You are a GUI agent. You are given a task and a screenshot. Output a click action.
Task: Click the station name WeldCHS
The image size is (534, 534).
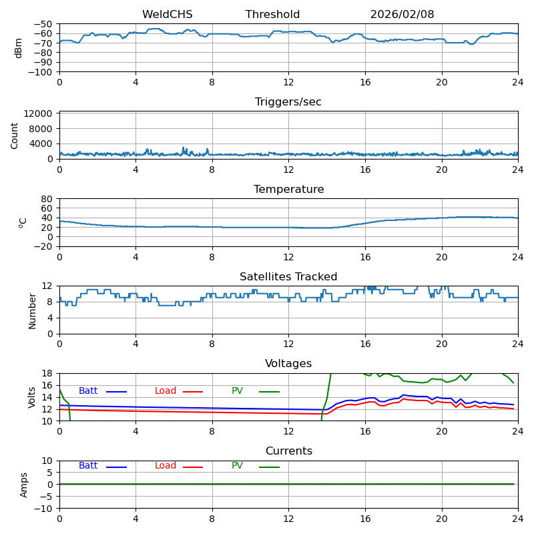167,15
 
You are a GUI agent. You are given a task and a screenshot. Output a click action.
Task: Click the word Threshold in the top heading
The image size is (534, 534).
272,15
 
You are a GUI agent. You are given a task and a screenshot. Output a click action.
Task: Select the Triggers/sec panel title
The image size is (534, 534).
288,102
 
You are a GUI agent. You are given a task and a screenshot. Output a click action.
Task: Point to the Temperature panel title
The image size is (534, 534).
288,190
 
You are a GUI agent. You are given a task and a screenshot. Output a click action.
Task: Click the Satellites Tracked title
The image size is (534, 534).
288,277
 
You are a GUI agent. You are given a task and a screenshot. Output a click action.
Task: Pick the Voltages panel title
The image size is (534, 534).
288,364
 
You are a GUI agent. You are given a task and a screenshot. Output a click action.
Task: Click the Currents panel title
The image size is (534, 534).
288,451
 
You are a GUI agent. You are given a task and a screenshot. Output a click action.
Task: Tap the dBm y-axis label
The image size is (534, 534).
19,48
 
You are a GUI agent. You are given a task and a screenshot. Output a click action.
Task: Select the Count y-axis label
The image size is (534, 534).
15,136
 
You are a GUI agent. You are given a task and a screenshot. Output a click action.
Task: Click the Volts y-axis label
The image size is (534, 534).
32,397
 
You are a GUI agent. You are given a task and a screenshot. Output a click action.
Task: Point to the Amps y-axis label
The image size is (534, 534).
24,485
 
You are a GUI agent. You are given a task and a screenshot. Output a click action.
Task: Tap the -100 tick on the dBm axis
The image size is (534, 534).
42,72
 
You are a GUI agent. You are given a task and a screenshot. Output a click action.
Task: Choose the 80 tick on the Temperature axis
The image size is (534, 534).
47,199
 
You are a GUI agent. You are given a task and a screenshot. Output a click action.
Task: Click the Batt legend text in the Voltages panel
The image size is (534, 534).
88,391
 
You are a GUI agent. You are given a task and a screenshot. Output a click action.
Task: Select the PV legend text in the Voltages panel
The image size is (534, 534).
238,391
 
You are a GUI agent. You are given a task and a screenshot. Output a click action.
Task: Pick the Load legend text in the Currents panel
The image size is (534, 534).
166,466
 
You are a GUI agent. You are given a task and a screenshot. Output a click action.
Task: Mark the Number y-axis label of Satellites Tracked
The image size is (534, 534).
32,310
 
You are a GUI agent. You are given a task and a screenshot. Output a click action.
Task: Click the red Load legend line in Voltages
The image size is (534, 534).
193,392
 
